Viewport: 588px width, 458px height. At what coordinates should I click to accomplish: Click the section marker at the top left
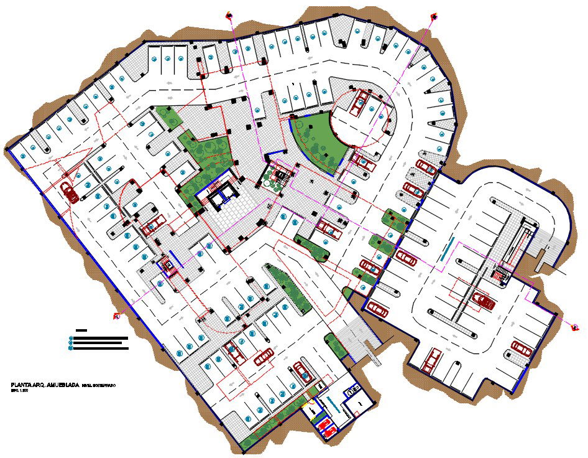[229, 15]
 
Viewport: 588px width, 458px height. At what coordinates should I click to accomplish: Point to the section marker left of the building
[116, 317]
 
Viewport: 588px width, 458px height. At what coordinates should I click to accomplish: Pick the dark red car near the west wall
[70, 192]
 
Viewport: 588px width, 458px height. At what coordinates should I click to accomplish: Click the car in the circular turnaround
[359, 103]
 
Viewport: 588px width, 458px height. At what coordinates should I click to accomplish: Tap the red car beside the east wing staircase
[484, 301]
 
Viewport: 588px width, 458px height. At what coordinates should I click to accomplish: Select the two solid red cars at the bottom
[326, 428]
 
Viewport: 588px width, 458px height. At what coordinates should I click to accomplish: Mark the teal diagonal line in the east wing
[445, 250]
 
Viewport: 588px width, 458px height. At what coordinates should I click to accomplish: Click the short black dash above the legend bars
[81, 330]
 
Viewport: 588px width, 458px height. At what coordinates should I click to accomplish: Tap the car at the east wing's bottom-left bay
[430, 360]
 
